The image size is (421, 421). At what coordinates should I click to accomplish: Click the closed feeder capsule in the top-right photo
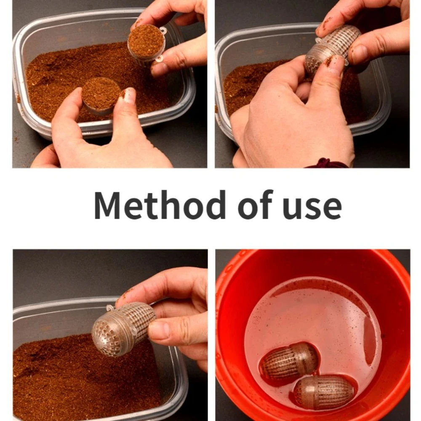[x=333, y=50]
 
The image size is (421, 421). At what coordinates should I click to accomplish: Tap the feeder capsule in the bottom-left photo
[x=123, y=328]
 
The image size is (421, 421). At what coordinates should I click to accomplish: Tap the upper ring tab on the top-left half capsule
[x=163, y=30]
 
